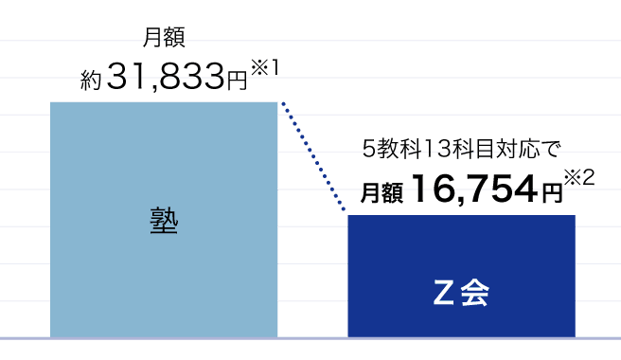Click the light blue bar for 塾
(164, 220)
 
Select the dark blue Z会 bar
(461, 277)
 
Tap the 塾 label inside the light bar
(164, 222)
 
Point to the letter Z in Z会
(443, 293)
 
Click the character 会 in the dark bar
(475, 293)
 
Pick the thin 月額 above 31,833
(164, 38)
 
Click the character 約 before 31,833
(91, 80)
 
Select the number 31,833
(166, 76)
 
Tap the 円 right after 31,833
(237, 81)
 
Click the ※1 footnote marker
(265, 67)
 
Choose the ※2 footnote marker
(579, 177)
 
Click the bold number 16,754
(475, 189)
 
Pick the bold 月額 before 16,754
(381, 193)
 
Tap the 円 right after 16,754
(552, 193)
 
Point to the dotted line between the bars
(313, 155)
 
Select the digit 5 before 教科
(369, 150)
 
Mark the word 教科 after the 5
(399, 150)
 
